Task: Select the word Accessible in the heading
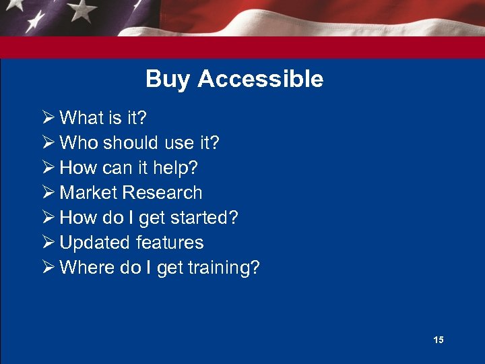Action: tap(260, 80)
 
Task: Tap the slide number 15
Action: tap(439, 340)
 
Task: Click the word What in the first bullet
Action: tap(81, 118)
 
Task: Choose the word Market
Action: tap(89, 193)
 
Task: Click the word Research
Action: tap(162, 193)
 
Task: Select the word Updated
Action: tap(95, 243)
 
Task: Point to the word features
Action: tap(170, 243)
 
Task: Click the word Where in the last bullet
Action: tap(81, 268)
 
